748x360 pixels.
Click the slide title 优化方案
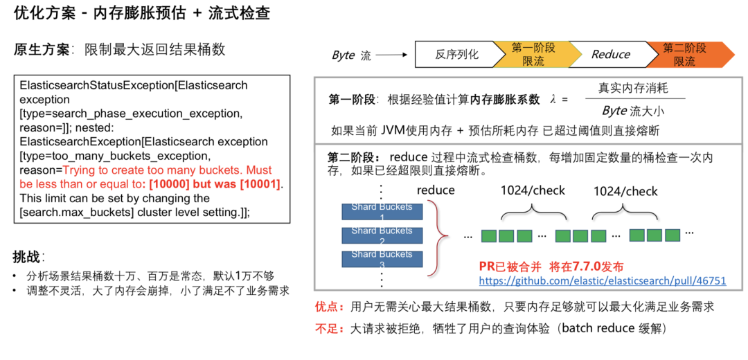point(42,13)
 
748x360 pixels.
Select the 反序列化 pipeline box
point(456,54)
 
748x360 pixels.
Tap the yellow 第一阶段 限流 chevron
point(534,54)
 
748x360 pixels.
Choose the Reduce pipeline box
point(610,54)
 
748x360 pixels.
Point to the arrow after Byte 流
point(392,55)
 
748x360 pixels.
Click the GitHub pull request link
point(602,280)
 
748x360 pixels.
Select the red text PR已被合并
point(509,267)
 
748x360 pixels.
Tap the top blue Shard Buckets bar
point(382,210)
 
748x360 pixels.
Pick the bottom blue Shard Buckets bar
point(382,258)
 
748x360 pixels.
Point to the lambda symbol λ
point(553,99)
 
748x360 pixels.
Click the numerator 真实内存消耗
point(633,89)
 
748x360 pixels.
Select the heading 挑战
point(26,257)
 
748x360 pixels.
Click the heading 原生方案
point(42,50)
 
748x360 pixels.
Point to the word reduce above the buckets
point(436,190)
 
